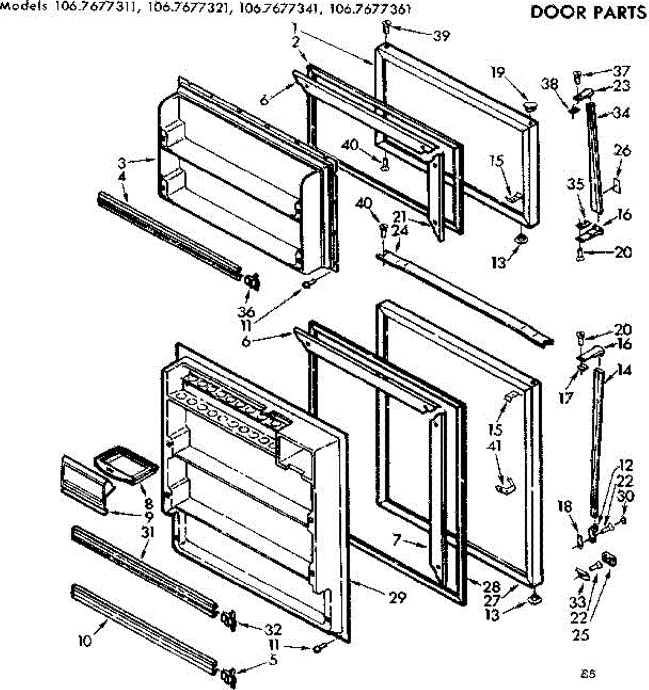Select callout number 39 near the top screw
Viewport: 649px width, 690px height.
(x=441, y=36)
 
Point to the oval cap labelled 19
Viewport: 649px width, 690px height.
(x=530, y=105)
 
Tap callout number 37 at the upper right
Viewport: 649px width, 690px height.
(x=621, y=71)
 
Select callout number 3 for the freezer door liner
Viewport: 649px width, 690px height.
(x=121, y=162)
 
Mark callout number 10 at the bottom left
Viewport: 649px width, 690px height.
(x=85, y=640)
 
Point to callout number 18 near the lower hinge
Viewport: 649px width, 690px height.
(x=566, y=507)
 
